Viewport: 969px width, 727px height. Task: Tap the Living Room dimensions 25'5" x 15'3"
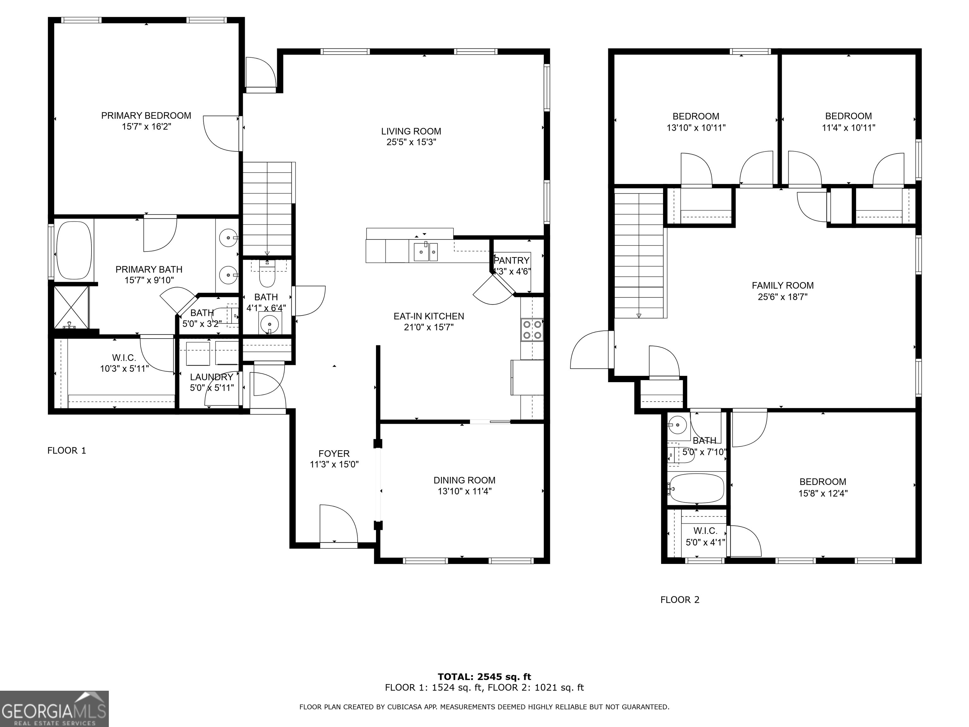[411, 142]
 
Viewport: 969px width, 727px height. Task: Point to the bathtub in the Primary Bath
[74, 251]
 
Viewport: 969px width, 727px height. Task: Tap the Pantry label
[511, 261]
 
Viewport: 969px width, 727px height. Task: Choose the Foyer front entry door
[338, 526]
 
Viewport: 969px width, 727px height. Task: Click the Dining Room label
[464, 480]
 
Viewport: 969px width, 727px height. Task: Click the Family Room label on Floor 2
[782, 286]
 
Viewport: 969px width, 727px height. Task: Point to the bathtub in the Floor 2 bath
[696, 488]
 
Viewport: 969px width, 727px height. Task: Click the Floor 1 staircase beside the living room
[267, 208]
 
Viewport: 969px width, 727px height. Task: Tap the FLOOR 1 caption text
[67, 451]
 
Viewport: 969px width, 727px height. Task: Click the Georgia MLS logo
[54, 709]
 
